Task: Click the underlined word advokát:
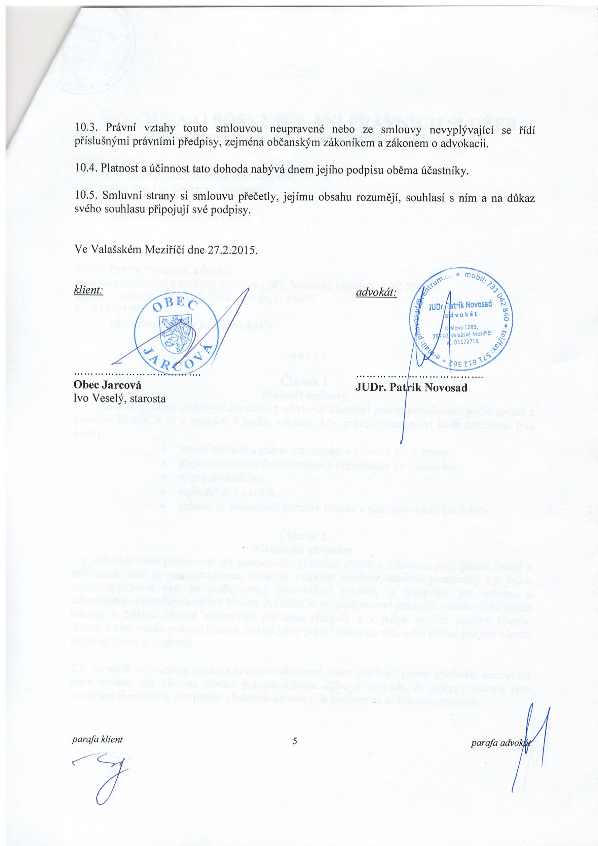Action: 376,293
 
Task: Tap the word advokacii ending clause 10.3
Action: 468,143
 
